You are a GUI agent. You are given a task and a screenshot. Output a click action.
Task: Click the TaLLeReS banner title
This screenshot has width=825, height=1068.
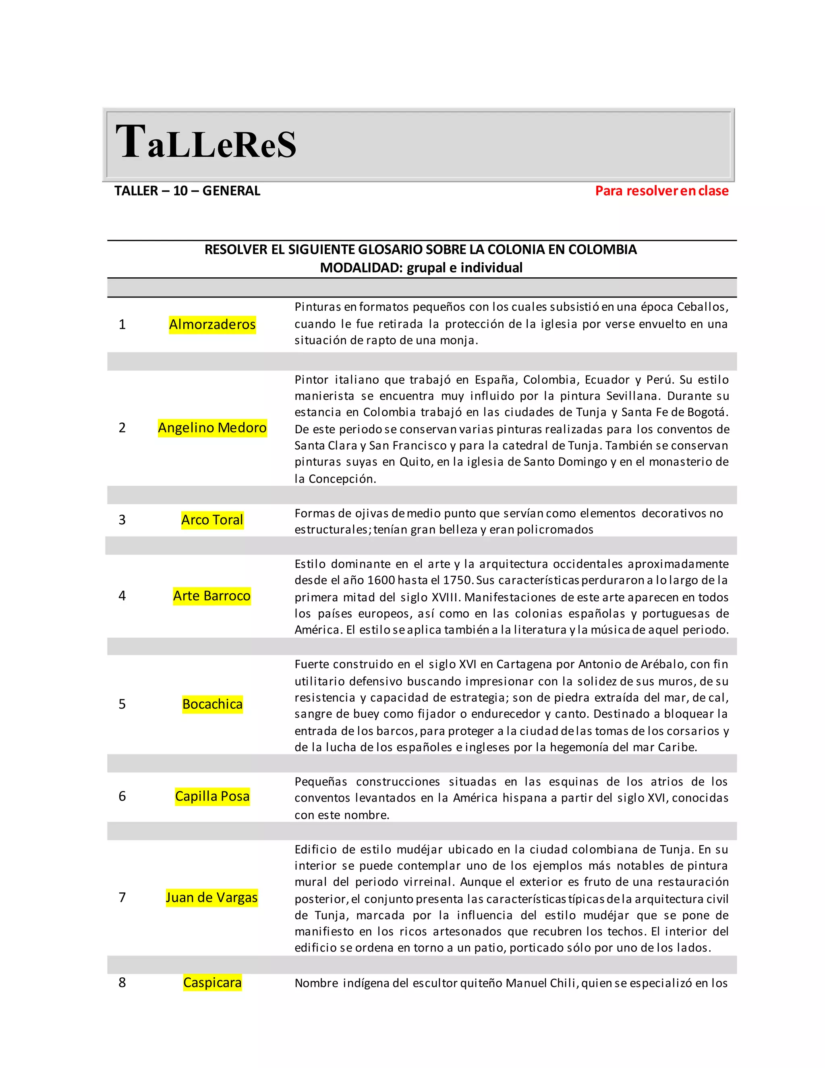206,143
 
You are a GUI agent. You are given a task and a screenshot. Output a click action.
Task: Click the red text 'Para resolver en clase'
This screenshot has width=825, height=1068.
661,191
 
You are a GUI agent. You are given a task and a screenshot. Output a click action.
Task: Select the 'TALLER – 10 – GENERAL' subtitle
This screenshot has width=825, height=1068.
187,191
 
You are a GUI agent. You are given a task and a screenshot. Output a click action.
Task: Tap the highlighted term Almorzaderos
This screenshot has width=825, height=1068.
212,324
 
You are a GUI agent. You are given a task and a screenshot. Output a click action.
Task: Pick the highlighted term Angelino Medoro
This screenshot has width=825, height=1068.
212,428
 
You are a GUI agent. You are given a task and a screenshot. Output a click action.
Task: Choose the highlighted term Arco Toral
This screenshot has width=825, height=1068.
212,520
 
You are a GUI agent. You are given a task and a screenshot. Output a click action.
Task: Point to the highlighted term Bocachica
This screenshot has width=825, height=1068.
212,704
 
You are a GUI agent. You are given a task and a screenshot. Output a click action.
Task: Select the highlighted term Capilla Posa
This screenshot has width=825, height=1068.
212,796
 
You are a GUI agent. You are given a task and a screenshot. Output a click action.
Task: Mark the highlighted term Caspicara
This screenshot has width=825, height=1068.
212,983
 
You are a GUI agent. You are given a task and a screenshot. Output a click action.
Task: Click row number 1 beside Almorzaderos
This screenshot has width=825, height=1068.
122,324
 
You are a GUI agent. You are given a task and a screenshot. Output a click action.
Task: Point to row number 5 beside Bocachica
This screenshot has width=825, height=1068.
122,704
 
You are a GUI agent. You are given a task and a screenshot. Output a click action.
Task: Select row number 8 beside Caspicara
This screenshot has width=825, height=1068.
122,983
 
